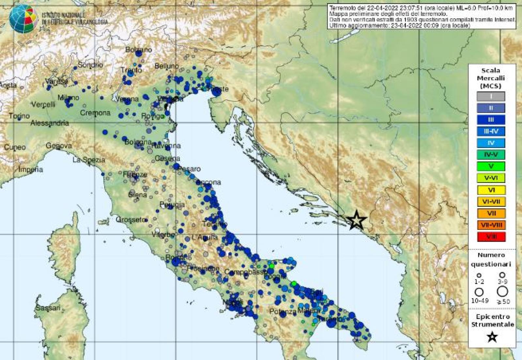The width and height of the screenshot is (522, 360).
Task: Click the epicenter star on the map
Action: coord(356,220)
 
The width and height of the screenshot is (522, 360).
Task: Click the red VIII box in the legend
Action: coord(491,237)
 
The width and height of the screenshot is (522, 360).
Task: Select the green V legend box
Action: coord(491,166)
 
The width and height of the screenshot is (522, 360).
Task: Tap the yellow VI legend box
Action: coord(491,190)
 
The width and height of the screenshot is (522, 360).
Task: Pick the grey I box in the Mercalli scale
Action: coord(491,96)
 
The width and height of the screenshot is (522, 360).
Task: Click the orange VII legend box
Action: coord(491,213)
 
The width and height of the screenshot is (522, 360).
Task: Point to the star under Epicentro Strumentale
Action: coord(492,337)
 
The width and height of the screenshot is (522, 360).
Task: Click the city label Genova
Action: coord(59,146)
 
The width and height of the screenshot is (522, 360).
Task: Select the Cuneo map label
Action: coord(15,147)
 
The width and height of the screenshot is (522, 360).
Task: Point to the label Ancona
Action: coord(210,182)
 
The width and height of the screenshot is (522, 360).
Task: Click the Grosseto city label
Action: coord(130,219)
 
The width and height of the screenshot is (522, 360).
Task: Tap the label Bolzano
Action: coord(139,50)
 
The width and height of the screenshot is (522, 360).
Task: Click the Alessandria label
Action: coord(50,123)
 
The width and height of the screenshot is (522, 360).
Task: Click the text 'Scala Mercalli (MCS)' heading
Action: coord(491,78)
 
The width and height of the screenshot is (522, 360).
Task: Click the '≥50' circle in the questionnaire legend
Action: coord(503,291)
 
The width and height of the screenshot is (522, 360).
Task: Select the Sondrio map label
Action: coord(90,65)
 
